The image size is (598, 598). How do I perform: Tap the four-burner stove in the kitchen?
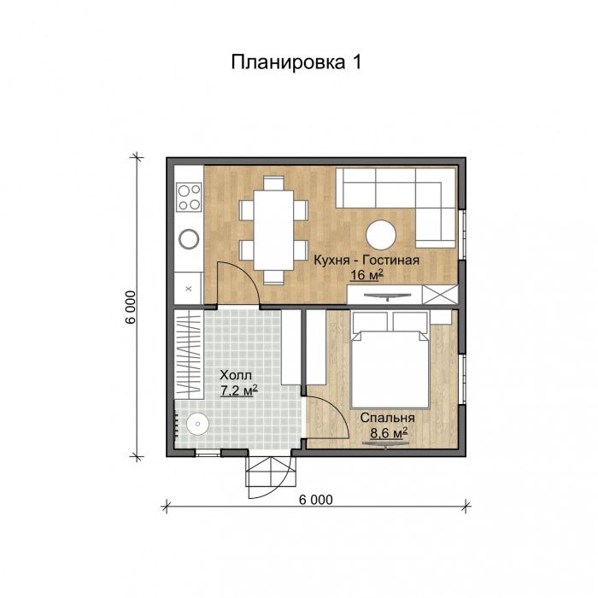point(189,197)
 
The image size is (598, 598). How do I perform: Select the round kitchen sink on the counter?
point(188,239)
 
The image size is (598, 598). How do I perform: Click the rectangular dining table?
point(273,229)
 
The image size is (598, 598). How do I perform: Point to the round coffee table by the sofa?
point(380,234)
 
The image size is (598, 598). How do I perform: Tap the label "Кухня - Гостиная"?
point(366,261)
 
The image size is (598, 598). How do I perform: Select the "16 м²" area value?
point(366,275)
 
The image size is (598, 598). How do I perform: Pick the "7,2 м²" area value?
point(238,390)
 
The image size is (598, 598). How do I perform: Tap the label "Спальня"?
point(387,419)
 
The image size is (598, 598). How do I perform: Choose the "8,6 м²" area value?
point(388,434)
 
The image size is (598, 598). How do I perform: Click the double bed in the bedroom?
point(389,363)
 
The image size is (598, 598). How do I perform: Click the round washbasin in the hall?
point(198,422)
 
